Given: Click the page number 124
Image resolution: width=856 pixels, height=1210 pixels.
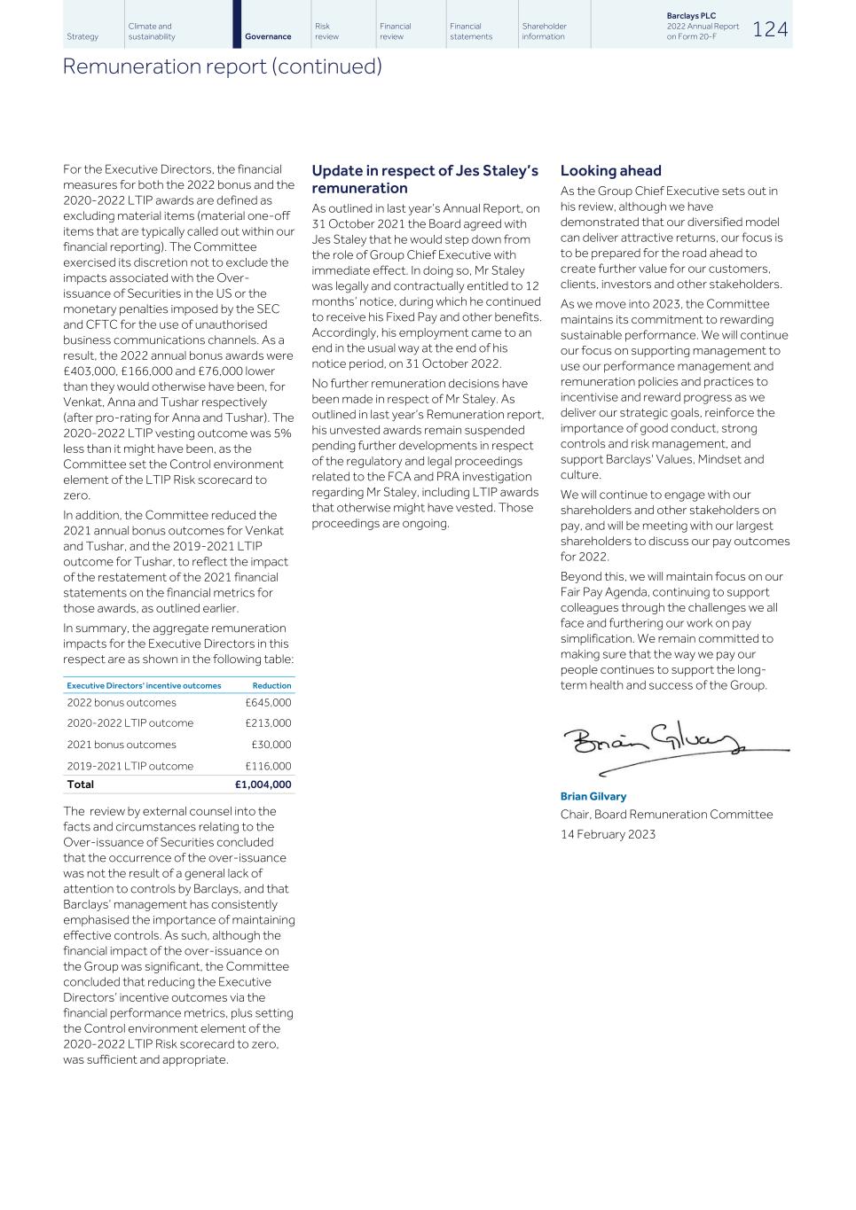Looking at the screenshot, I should (769, 29).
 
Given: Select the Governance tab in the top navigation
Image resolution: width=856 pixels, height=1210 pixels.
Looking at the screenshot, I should (268, 36).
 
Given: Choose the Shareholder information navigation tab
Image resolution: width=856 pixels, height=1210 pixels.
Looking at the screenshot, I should (544, 31).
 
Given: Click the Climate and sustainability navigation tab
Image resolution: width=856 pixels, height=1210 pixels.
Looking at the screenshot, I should (152, 31).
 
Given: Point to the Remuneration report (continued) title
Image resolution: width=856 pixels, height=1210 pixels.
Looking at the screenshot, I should (222, 66).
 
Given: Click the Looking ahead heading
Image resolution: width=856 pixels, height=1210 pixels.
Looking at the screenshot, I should (610, 171).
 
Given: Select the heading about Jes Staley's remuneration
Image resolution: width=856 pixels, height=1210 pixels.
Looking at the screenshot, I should (425, 179).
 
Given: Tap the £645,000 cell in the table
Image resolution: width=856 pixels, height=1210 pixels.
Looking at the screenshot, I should (268, 702).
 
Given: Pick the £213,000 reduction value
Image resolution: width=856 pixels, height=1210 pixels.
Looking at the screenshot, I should (268, 723).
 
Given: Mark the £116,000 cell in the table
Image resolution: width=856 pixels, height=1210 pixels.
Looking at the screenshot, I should (268, 766).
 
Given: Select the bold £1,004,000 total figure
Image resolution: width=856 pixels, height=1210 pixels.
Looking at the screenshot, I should (263, 785).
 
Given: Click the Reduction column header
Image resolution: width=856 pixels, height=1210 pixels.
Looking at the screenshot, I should (271, 685).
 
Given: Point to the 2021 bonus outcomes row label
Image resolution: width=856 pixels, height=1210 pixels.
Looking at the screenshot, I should (122, 745).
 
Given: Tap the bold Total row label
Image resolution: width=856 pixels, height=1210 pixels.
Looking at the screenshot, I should (80, 785).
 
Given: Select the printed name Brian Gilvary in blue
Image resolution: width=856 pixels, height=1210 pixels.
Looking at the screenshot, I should (593, 796).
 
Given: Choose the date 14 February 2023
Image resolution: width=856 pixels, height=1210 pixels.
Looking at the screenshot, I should (608, 834).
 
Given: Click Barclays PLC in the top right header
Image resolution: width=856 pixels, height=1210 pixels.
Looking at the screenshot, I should (691, 16).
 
